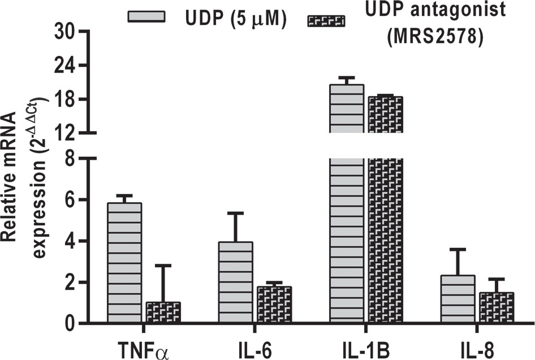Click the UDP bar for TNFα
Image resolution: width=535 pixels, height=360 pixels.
pyautogui.click(x=124, y=263)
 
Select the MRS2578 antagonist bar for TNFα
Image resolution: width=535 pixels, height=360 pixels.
pyautogui.click(x=163, y=312)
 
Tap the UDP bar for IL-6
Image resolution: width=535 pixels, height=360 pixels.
pyautogui.click(x=236, y=283)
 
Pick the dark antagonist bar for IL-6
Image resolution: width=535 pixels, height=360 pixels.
pyautogui.click(x=274, y=305)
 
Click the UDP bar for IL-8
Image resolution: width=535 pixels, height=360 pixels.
pyautogui.click(x=458, y=299)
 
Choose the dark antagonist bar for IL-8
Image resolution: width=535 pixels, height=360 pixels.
pyautogui.click(x=497, y=308)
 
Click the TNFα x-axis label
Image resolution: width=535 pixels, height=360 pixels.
pyautogui.click(x=144, y=346)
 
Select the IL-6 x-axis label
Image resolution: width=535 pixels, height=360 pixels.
pyautogui.click(x=254, y=346)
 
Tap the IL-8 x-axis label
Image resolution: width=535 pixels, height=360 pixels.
pyautogui.click(x=477, y=346)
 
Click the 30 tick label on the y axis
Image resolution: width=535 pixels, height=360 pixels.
pyautogui.click(x=66, y=32)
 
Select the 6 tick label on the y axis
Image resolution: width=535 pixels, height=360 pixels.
pyautogui.click(x=70, y=200)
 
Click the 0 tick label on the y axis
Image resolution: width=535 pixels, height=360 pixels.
pyautogui.click(x=70, y=324)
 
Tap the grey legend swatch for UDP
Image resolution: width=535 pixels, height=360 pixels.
pyautogui.click(x=147, y=16)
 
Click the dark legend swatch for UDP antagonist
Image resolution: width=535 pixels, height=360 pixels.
pyautogui.click(x=326, y=22)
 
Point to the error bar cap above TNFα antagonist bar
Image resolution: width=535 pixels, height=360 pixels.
pyautogui.click(x=163, y=265)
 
